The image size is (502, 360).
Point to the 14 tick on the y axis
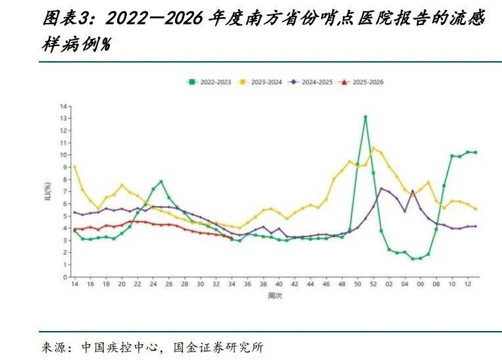tap(64, 106)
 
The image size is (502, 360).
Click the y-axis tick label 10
tap(64, 155)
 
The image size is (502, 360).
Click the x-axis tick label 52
tap(373, 284)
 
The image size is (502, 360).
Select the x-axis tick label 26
tap(168, 284)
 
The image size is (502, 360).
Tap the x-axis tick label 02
tap(389, 284)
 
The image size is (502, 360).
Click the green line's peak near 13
tap(365, 117)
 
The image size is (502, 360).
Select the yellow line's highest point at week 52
tap(373, 148)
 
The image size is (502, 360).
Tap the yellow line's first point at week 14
tap(74, 167)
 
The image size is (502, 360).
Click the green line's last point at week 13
tap(475, 152)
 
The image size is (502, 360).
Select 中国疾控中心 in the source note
tap(120, 347)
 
